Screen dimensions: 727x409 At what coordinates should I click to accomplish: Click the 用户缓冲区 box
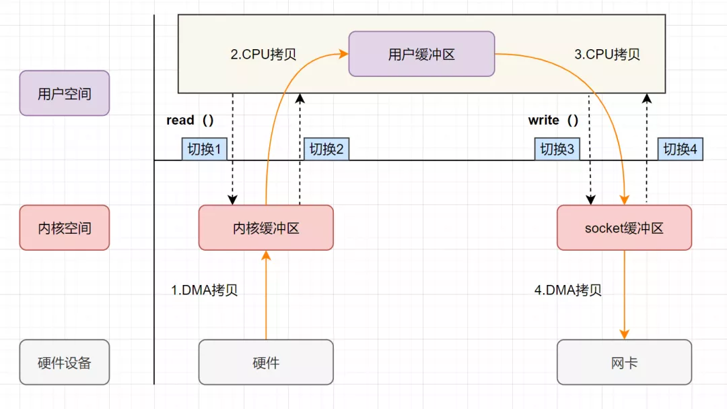click(421, 54)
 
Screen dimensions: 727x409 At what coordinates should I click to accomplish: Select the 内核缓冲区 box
click(266, 228)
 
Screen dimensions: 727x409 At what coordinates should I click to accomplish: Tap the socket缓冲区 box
click(624, 228)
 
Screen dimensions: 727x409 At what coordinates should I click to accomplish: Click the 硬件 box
click(266, 362)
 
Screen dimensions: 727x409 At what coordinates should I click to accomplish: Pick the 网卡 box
click(624, 362)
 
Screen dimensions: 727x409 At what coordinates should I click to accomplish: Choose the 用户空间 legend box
click(65, 93)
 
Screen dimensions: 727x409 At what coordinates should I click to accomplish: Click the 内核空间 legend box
click(65, 228)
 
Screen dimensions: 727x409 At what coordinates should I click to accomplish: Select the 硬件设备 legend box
click(65, 362)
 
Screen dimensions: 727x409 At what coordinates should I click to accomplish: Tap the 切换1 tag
click(205, 149)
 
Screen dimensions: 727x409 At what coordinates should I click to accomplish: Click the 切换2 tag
click(326, 149)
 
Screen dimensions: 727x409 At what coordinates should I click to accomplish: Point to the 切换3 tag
click(557, 149)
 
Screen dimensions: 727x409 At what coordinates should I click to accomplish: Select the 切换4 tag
click(680, 149)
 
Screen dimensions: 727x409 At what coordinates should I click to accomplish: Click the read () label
click(190, 120)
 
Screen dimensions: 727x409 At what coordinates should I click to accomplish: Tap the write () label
click(553, 120)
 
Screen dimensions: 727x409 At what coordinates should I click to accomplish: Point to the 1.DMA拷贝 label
click(205, 290)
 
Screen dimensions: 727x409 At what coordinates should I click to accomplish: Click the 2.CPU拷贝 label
click(263, 55)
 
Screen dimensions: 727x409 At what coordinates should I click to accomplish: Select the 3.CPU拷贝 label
click(607, 55)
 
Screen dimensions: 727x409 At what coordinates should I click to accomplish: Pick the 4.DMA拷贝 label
click(568, 290)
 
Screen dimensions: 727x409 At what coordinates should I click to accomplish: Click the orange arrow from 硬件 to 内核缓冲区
click(266, 295)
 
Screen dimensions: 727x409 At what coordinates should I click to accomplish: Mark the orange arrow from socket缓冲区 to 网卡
click(625, 295)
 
